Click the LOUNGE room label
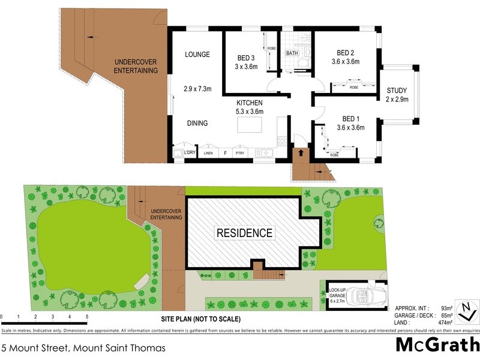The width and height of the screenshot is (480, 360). tap(197, 55)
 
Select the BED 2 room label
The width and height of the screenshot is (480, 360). tap(345, 53)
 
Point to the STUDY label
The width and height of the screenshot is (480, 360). tap(397, 91)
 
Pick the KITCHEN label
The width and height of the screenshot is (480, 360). tap(249, 103)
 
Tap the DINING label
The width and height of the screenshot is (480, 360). tap(197, 124)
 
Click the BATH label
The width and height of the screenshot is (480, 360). tap(292, 53)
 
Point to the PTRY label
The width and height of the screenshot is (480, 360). tap(240, 154)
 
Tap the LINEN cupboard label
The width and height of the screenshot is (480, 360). tap(208, 154)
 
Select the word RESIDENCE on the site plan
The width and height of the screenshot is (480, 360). tap(244, 233)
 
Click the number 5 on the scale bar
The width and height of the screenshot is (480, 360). tap(87, 316)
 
